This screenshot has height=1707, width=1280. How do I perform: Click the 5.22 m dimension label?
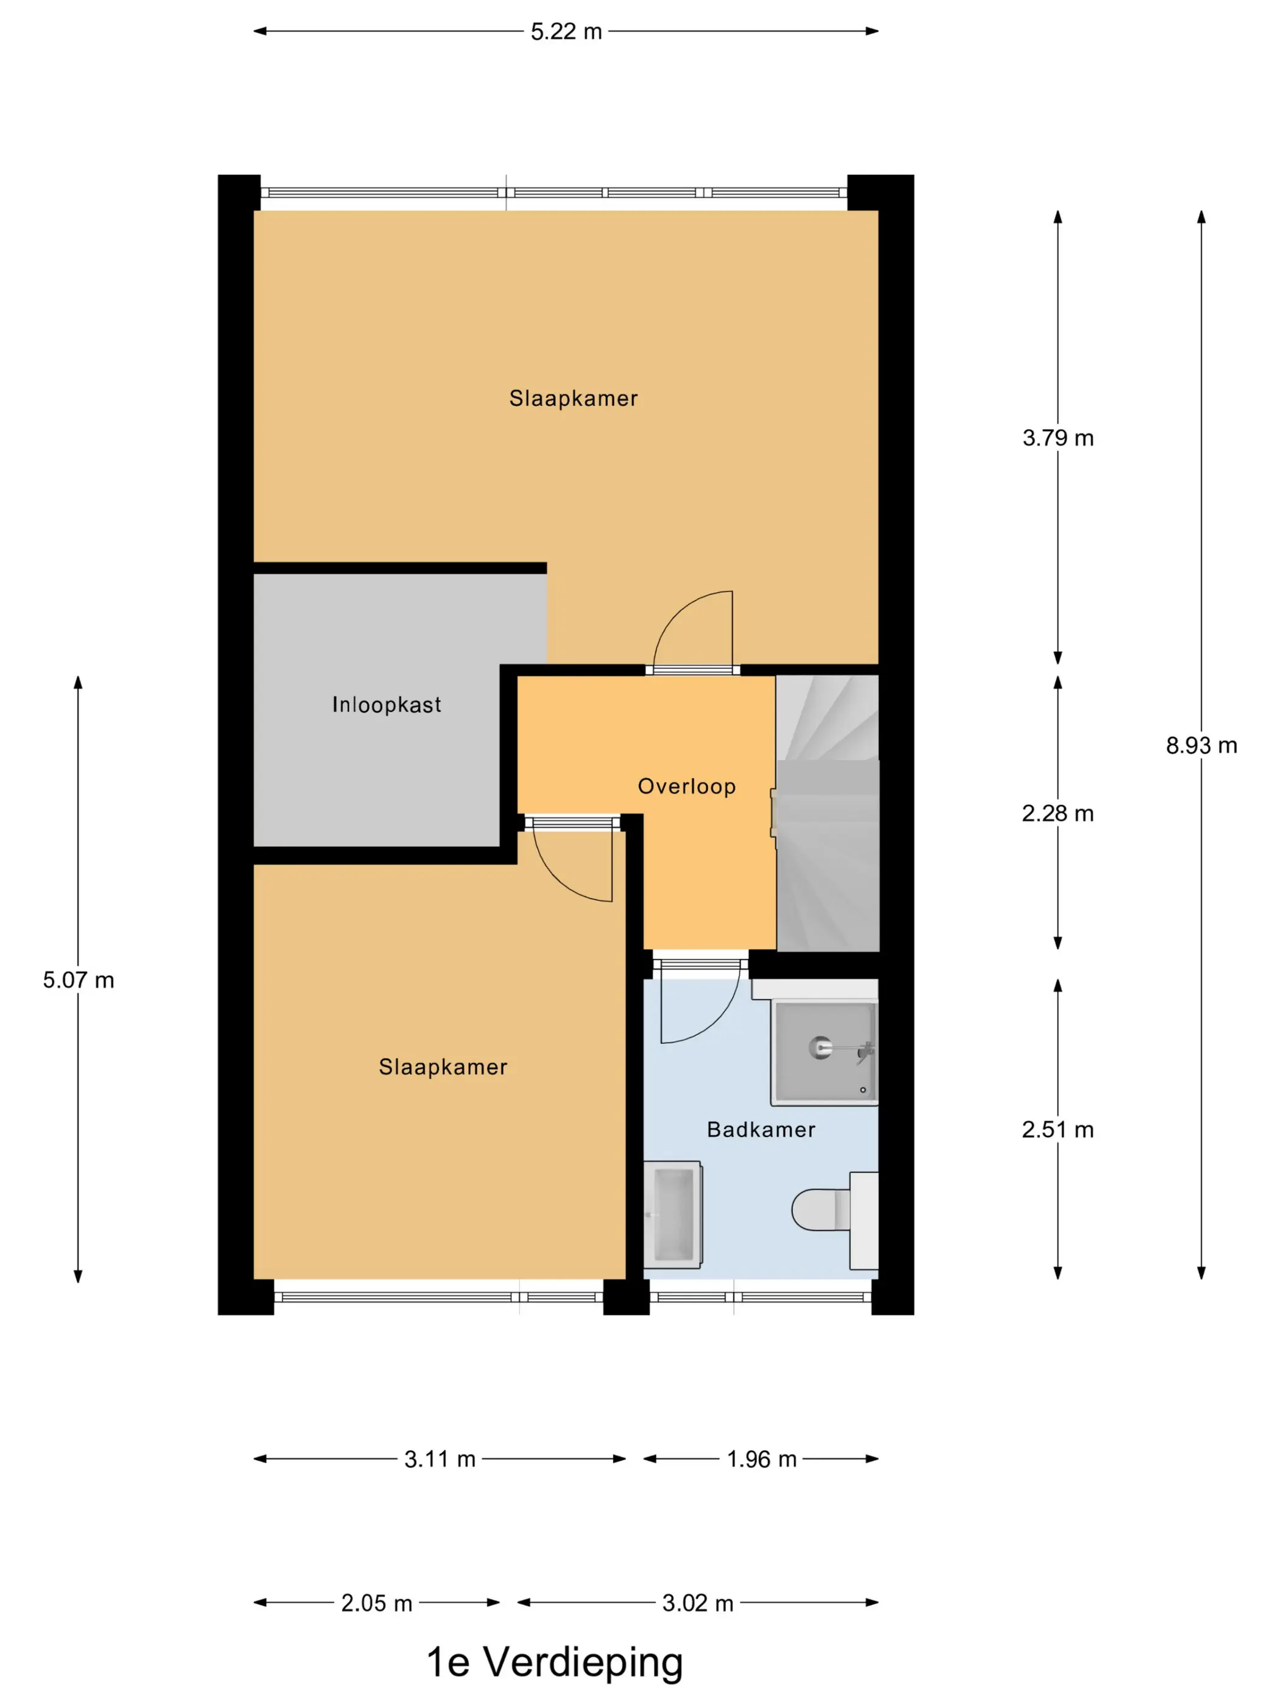566,32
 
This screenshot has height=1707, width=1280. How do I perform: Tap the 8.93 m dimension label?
1201,746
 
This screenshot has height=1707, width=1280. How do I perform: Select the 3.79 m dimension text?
1058,438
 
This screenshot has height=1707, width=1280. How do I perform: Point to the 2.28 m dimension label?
1058,813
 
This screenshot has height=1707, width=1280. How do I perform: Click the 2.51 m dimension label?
1058,1130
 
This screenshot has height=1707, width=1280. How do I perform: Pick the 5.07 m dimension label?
78,980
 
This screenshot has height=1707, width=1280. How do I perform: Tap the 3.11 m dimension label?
440,1459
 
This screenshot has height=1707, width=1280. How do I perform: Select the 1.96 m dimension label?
761,1459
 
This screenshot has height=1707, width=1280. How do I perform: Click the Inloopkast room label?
386,705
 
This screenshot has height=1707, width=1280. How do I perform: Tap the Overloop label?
687,786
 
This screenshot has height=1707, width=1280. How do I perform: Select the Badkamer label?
761,1130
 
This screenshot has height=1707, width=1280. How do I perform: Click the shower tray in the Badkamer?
825,1052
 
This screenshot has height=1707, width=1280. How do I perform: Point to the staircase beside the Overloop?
827,813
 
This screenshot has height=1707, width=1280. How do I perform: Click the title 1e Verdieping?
555,1662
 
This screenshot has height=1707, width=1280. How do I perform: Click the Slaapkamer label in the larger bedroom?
574,398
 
